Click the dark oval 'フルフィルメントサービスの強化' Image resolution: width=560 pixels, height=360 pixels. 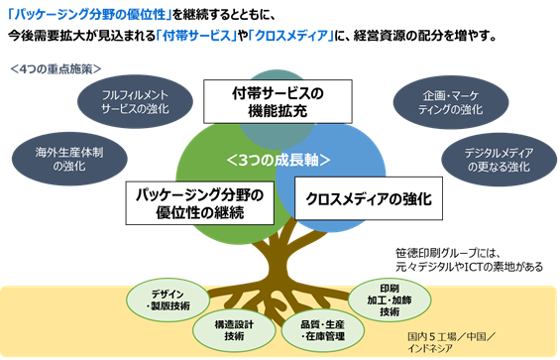[135, 101]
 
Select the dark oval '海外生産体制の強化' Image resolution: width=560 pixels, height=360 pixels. [69, 159]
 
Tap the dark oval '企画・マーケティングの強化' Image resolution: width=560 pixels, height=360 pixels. [451, 102]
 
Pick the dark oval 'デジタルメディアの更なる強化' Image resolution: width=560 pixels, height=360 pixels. [499, 160]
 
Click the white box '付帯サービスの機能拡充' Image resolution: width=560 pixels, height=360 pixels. [278, 101]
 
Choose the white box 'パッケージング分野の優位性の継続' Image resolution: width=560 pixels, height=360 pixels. [200, 203]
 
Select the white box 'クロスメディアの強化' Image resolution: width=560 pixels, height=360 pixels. [369, 198]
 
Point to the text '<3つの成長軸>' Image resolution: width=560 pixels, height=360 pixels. [279, 160]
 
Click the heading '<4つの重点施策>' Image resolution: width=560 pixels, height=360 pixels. [56, 68]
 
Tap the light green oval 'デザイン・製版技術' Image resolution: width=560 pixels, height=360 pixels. [168, 300]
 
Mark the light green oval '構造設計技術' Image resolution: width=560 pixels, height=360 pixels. [234, 330]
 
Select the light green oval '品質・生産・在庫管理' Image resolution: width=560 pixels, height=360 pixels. [323, 330]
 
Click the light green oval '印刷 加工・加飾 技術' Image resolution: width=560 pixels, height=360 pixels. [390, 300]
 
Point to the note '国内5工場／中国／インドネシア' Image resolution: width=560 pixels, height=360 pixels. [451, 342]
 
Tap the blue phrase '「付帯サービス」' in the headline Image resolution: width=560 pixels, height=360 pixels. [197, 36]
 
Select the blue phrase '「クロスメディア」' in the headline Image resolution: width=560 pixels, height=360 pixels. [291, 36]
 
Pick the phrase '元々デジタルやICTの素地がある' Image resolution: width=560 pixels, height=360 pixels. [469, 267]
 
